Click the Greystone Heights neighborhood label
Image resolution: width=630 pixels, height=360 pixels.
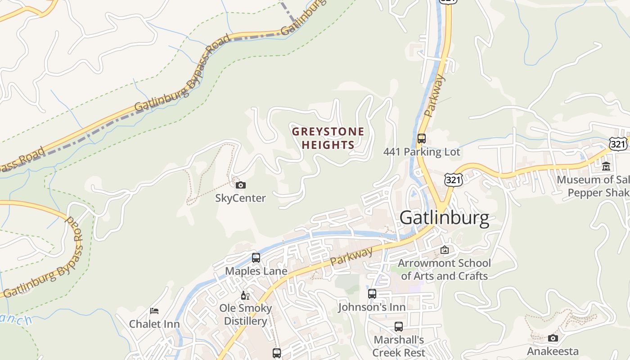(x=328, y=138)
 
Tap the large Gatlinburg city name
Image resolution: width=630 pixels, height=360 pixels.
(x=444, y=218)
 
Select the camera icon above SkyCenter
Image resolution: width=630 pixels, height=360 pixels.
(x=241, y=185)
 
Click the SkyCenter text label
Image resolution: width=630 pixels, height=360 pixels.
(x=240, y=198)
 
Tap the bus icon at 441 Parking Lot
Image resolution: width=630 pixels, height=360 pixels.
(x=422, y=139)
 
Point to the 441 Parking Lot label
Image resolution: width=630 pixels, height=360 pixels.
(x=422, y=152)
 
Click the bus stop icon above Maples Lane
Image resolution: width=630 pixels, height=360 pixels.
(x=256, y=258)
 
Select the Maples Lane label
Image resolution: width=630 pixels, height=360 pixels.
(x=256, y=271)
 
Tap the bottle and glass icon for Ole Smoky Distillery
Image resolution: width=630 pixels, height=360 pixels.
(x=245, y=295)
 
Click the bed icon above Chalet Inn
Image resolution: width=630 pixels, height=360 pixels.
(x=154, y=310)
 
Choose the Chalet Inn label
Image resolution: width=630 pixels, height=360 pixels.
(x=154, y=324)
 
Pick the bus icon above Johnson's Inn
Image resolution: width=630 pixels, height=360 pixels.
(x=372, y=294)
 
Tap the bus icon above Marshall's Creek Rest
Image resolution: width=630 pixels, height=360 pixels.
(x=399, y=327)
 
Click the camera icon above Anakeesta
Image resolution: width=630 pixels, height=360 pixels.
(x=553, y=338)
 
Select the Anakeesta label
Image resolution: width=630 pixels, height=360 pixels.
(x=553, y=351)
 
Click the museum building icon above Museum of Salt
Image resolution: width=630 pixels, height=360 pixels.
(x=606, y=166)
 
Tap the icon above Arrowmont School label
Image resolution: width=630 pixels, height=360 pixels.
(x=445, y=249)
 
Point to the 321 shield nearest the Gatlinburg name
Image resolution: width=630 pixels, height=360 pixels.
(x=453, y=180)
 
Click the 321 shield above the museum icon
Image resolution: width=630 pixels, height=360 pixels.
(x=618, y=144)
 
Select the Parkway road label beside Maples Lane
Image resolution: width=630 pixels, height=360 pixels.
(x=351, y=256)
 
